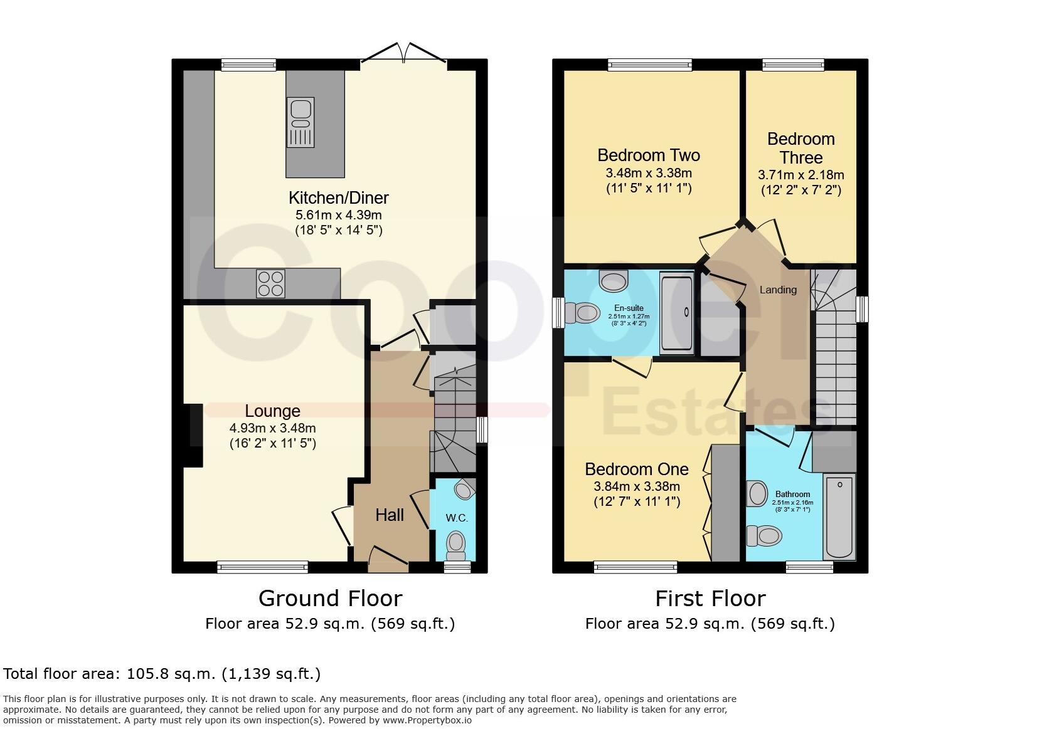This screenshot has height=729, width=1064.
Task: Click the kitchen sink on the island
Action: pos(300,122)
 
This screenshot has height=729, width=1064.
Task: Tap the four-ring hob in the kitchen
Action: pos(270,283)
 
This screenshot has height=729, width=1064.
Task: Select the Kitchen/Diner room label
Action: pos(338,198)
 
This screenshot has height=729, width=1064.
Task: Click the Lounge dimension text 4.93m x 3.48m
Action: pos(272,429)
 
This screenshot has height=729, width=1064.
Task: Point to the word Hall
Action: pos(390,515)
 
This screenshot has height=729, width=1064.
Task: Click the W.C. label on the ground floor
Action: pos(457,518)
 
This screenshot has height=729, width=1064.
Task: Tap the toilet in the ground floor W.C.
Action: pos(456,545)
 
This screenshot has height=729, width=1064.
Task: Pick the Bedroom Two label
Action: pos(648,155)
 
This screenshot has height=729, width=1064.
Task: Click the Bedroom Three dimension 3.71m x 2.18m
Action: pos(801,175)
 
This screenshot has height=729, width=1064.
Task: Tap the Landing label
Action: pos(778,290)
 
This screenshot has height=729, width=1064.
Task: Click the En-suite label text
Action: pos(629,308)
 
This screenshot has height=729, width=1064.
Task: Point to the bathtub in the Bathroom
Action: pos(839,517)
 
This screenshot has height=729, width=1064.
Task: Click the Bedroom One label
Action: pos(636,469)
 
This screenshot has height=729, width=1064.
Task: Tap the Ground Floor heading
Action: pos(330,599)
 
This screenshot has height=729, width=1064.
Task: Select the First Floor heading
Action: pos(710,599)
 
